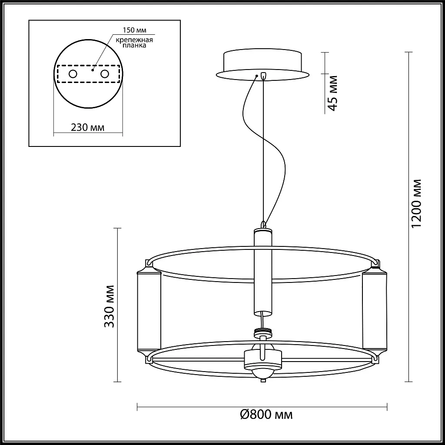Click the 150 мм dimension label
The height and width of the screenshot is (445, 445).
[x=134, y=30]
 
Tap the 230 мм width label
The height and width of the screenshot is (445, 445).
[x=87, y=127]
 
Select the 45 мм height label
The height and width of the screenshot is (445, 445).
[x=332, y=93]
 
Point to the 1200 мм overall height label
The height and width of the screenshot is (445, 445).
[x=416, y=203]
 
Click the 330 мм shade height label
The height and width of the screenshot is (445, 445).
[x=109, y=306]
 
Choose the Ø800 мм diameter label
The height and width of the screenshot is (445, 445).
[x=266, y=415]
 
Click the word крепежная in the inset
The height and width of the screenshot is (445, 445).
[x=134, y=40]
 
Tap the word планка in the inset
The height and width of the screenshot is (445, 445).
[x=135, y=45]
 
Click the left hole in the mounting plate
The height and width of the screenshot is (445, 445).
[x=73, y=74]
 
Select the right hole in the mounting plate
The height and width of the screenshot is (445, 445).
[x=105, y=74]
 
